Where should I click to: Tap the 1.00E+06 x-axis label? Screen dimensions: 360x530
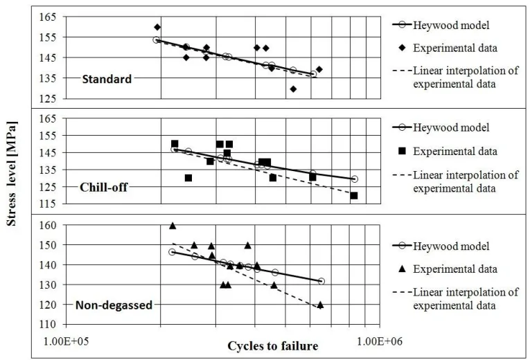click(379, 341)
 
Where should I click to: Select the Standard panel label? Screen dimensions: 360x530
click(107, 79)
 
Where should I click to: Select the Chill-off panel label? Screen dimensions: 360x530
click(103, 187)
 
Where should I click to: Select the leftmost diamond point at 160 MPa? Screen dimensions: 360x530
click(157, 27)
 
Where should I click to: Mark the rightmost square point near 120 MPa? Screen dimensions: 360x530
click(354, 195)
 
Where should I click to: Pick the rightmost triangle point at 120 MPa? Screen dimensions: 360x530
click(320, 305)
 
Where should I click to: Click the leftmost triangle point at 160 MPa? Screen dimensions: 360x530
click(173, 226)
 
